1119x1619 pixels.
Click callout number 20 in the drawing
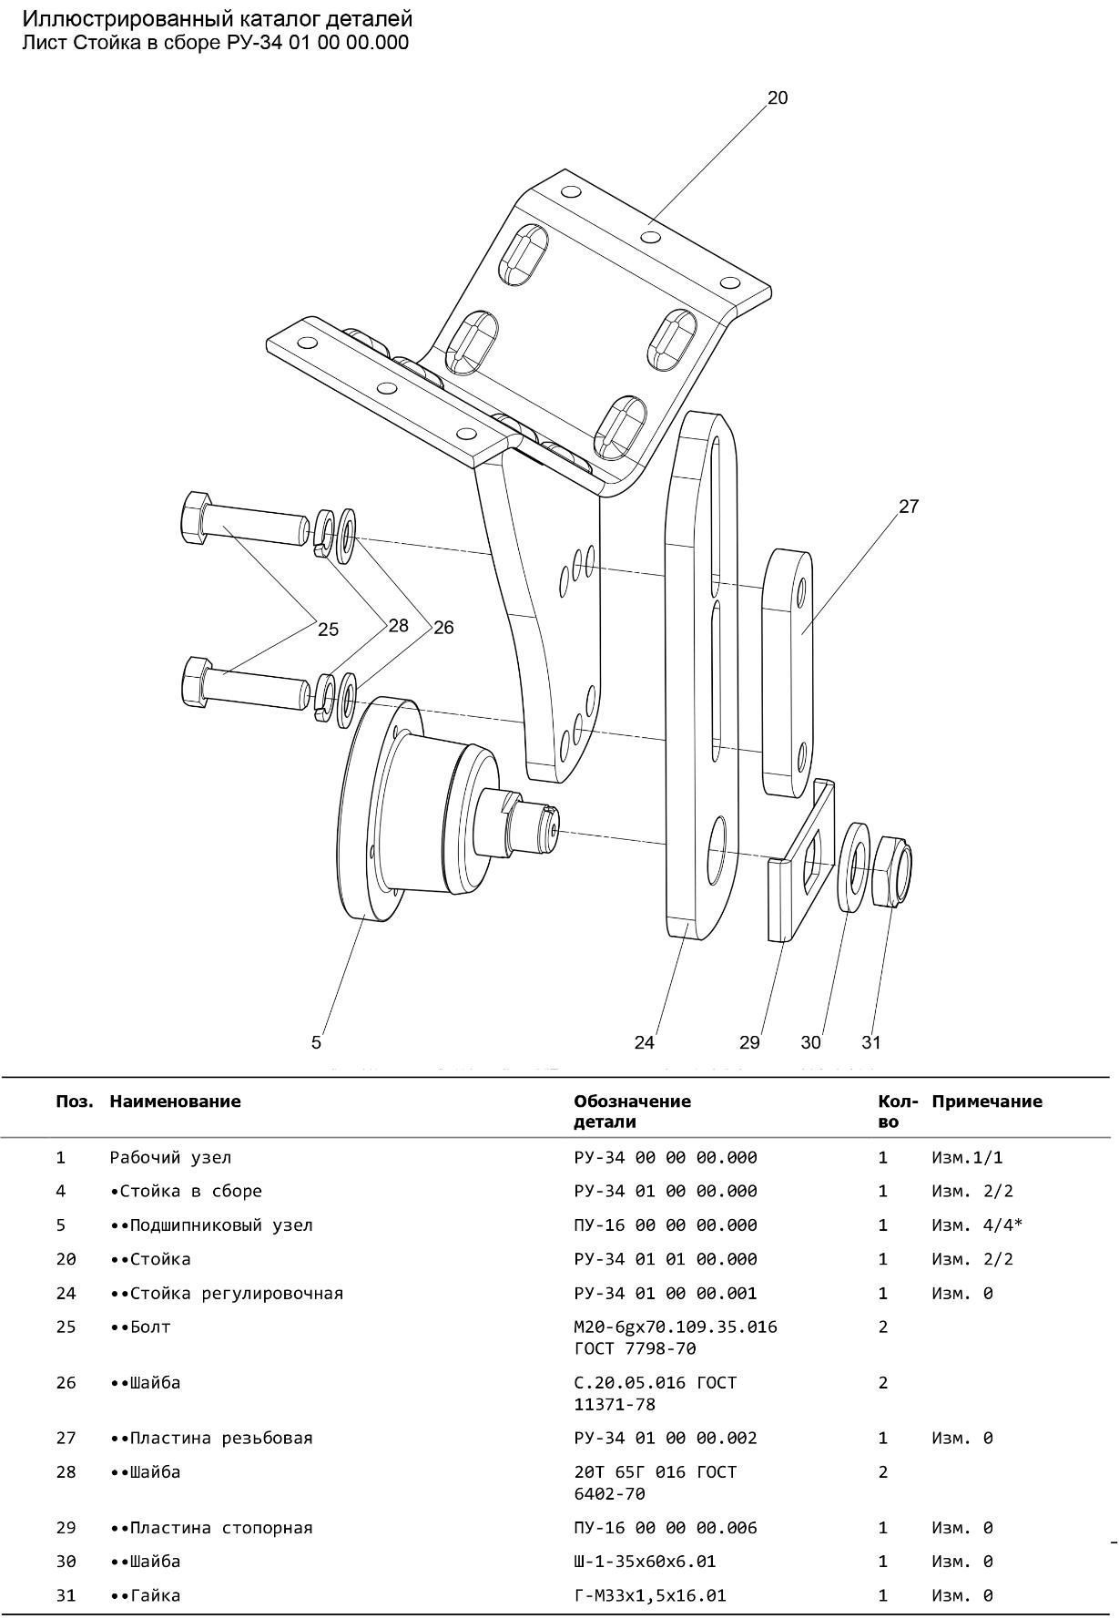pos(777,97)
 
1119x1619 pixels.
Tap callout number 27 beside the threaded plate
pos(909,507)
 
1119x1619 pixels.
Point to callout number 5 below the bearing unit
pos(316,1042)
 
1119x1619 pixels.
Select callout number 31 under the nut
pos(871,1042)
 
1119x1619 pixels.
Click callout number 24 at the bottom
pos(644,1042)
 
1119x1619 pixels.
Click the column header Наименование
pos(175,1102)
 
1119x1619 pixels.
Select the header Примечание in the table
pos(986,1102)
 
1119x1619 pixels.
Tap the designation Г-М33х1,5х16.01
pos(649,1595)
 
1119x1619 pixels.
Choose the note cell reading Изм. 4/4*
pos(976,1225)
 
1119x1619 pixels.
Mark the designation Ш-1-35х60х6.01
pos(645,1562)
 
